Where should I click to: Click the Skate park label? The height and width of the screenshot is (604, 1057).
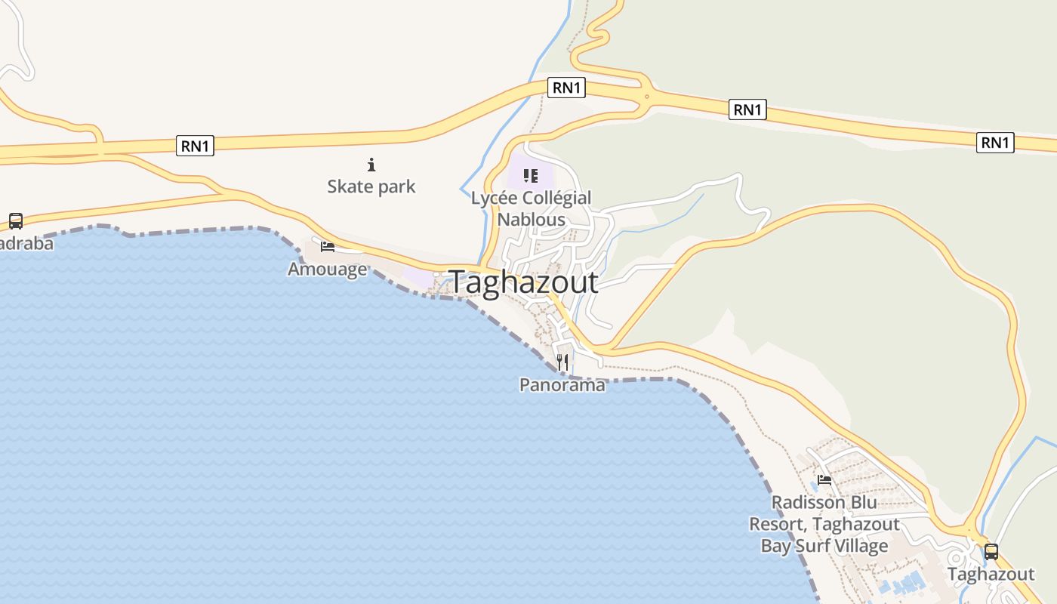click(x=371, y=186)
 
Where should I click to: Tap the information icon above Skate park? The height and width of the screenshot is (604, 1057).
click(x=371, y=164)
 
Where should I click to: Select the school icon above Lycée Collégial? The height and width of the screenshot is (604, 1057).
click(x=531, y=177)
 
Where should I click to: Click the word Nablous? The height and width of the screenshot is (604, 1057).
click(x=531, y=220)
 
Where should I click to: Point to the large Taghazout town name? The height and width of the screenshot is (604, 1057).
click(x=525, y=282)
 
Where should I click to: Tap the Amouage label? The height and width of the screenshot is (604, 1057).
click(x=327, y=269)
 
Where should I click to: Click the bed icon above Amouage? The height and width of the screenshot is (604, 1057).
click(x=327, y=247)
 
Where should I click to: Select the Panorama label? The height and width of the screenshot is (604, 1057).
click(x=562, y=385)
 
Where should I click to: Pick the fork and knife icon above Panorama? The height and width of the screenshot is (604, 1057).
click(x=562, y=363)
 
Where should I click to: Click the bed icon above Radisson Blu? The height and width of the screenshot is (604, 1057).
click(x=824, y=480)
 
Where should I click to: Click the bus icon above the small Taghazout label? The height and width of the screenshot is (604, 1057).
click(x=991, y=552)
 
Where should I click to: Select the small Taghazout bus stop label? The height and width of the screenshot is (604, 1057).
click(x=991, y=575)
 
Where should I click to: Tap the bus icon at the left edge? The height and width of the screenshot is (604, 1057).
click(x=15, y=221)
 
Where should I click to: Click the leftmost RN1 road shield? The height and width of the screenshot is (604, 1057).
click(x=195, y=146)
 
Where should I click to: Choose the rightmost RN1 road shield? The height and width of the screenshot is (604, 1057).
click(x=994, y=142)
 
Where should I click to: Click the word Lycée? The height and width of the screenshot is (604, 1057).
click(x=495, y=199)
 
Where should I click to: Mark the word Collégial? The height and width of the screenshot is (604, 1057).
click(x=557, y=199)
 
